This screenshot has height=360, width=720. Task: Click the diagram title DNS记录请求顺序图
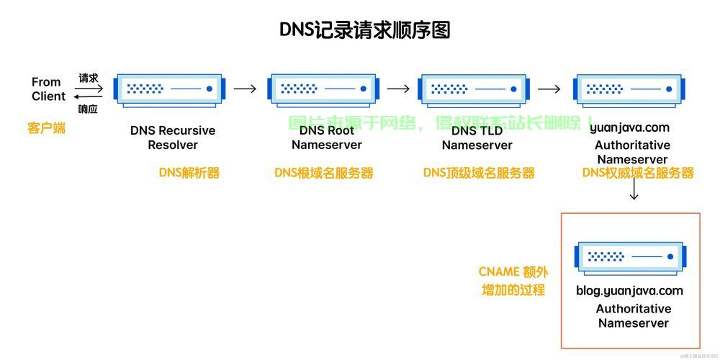coord(364,30)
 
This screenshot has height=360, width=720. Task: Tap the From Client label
coord(48,89)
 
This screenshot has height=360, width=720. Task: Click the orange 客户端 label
coord(47,128)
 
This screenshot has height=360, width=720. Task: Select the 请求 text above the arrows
coord(89,78)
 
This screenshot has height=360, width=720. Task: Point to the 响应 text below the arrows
coord(88,109)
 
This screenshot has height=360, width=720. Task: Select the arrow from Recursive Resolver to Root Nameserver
coord(245,89)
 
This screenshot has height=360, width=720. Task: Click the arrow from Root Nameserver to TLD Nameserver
coord(398,89)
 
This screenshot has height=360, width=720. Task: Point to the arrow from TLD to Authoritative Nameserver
coord(549,89)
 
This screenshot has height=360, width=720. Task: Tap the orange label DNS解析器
coord(189,173)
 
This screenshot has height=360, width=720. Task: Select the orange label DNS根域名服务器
coord(324,173)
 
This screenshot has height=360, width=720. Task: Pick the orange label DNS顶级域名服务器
coord(479,173)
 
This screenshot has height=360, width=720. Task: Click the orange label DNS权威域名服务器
coord(638,173)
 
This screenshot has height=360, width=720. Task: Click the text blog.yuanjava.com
coord(629,291)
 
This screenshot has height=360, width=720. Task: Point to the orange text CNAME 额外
coord(513,272)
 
